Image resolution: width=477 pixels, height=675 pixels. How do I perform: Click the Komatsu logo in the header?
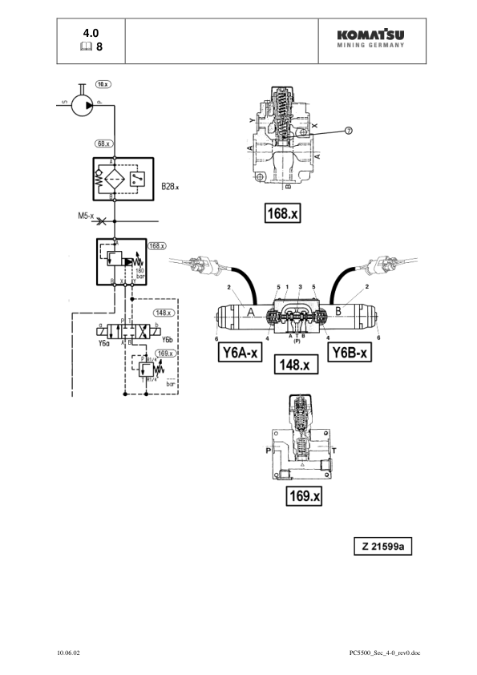pos(370,38)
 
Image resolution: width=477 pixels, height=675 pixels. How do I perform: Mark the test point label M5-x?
pos(82,216)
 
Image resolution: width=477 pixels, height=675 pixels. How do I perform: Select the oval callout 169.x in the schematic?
pos(166,353)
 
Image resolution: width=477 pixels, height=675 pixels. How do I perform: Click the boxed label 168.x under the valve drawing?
pos(282,214)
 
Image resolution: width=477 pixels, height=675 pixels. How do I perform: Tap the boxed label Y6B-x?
pos(350,354)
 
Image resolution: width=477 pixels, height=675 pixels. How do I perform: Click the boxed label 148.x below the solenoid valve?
pos(296,365)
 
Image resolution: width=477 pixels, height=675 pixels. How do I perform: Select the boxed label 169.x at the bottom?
pos(304,497)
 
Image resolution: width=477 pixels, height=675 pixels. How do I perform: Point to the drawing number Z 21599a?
pos(383,547)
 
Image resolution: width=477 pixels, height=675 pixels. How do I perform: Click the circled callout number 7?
pos(348,131)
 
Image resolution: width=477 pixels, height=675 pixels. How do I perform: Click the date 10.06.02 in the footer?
pos(68,653)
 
